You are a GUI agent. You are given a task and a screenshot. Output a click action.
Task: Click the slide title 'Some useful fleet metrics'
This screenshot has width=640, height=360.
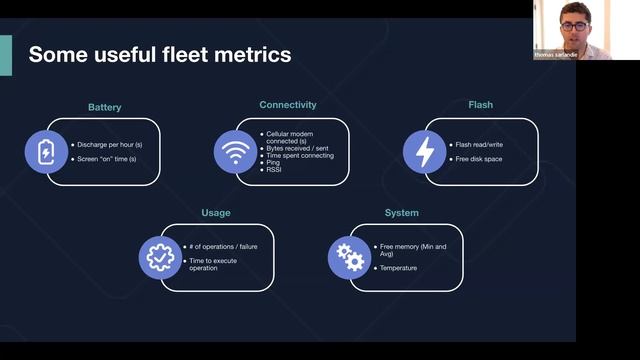tap(160, 55)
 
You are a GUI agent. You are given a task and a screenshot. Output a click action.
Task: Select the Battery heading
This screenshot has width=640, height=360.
tap(104, 105)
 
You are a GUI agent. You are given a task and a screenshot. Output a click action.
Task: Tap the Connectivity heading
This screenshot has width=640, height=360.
tap(288, 104)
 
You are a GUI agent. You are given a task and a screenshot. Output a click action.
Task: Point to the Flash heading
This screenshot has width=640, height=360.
tap(480, 104)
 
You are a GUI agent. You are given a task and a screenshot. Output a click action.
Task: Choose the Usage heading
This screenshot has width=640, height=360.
tap(217, 212)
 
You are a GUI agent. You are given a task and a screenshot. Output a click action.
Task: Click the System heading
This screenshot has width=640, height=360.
tap(402, 212)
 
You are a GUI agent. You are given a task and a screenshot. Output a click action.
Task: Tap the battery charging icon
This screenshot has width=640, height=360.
tap(46, 152)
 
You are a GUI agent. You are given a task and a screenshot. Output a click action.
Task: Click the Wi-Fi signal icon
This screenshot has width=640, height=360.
tap(235, 152)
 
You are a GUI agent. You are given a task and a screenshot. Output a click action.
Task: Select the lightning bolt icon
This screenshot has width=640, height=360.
tap(425, 152)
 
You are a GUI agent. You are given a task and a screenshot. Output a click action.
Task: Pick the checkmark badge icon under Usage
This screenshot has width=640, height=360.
tap(160, 258)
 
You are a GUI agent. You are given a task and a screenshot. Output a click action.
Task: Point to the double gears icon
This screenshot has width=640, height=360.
tap(349, 258)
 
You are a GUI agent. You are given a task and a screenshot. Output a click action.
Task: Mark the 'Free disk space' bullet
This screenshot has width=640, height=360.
tap(479, 159)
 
